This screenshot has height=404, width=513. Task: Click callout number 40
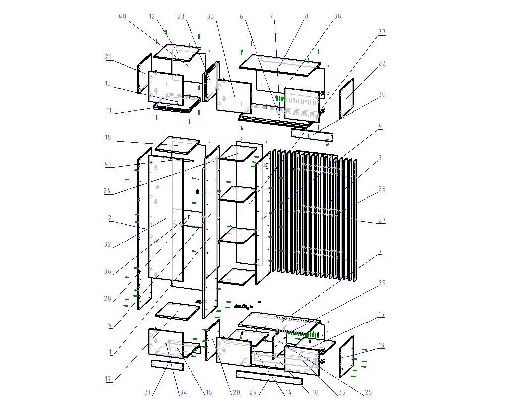coord(122,16)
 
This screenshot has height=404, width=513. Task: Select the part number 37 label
coord(382,32)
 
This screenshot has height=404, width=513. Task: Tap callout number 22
coord(382,63)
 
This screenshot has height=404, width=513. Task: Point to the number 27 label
coord(382,220)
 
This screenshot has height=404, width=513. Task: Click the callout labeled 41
coord(108,164)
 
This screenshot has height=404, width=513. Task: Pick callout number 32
coord(108,244)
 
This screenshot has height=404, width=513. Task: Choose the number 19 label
coord(381,345)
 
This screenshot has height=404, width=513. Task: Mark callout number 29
coord(253,392)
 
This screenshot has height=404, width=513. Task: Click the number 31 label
coord(148,392)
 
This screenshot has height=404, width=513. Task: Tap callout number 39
coord(382,283)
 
